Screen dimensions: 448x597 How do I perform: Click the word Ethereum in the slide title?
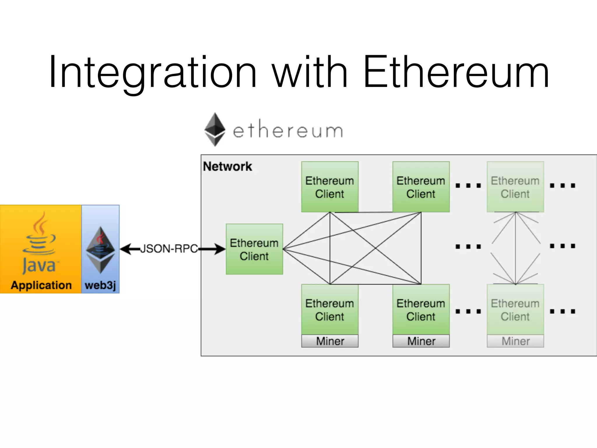point(456,72)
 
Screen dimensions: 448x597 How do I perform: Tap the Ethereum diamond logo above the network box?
point(215,129)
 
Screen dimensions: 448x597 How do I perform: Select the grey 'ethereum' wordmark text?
point(288,131)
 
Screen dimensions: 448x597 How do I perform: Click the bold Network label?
point(227,167)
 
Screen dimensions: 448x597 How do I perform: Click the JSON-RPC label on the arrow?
point(169,249)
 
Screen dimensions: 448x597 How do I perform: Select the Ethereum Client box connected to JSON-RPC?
point(254,249)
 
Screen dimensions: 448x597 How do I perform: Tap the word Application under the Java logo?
point(41,285)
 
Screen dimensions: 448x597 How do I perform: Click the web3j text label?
point(100,285)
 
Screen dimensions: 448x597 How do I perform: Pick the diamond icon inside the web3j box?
point(101,250)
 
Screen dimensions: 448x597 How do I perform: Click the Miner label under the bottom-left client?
point(330,341)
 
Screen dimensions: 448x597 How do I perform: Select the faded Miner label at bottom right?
point(515,341)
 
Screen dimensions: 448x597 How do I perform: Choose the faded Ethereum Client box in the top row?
point(515,187)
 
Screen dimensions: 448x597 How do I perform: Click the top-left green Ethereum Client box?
point(330,187)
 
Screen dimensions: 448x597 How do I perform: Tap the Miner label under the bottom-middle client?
point(421,341)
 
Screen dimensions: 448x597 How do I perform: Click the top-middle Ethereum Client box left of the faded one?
point(421,187)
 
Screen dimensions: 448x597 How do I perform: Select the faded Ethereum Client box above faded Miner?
point(515,309)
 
